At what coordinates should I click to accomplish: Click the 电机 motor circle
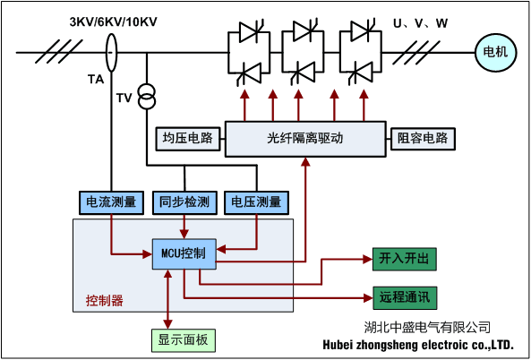point(495,52)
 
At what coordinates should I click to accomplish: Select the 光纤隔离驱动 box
point(305,139)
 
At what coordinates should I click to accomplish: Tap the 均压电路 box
point(189,139)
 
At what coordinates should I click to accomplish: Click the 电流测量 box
point(110,202)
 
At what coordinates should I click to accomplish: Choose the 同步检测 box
point(184,202)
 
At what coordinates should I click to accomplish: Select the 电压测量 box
point(257,202)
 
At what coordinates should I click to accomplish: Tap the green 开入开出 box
point(404,259)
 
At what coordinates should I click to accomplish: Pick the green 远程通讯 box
point(404,296)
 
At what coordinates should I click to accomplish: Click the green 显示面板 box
point(183,339)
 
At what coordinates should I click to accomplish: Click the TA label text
point(95,80)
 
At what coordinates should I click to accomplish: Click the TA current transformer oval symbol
point(112,51)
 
